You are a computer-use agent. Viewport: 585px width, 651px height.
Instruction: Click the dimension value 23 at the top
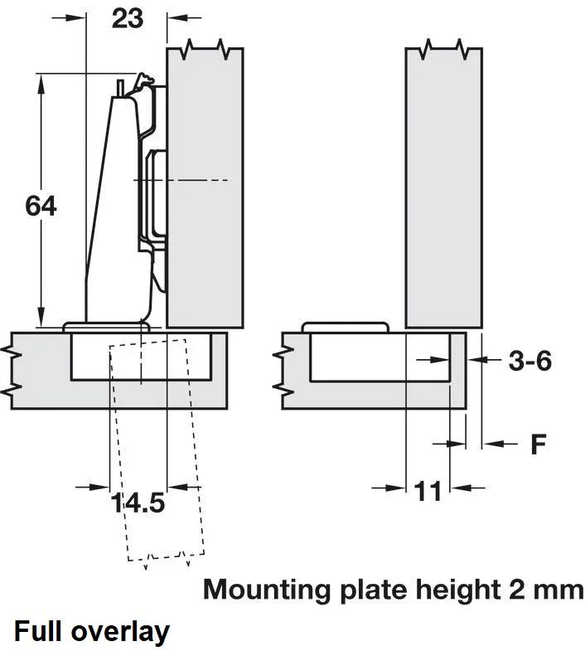click(128, 17)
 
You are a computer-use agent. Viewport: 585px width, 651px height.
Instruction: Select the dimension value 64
click(41, 205)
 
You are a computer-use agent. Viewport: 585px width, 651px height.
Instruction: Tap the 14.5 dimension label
click(138, 503)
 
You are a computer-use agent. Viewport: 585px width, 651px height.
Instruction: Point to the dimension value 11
click(428, 491)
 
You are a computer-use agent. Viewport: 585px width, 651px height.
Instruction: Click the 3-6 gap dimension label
click(529, 361)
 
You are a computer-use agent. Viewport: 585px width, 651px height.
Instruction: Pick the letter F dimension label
click(539, 445)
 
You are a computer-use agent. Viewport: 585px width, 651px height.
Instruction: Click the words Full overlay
click(92, 632)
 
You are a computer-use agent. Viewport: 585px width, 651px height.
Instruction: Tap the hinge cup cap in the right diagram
click(345, 326)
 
